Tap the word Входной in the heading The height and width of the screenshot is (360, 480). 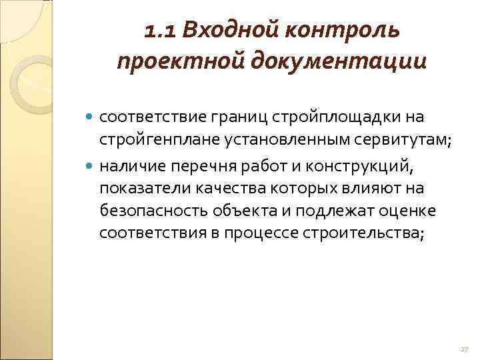coord(221,30)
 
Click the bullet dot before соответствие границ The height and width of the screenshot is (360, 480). coord(91,117)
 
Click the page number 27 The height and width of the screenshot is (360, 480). coord(465,349)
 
